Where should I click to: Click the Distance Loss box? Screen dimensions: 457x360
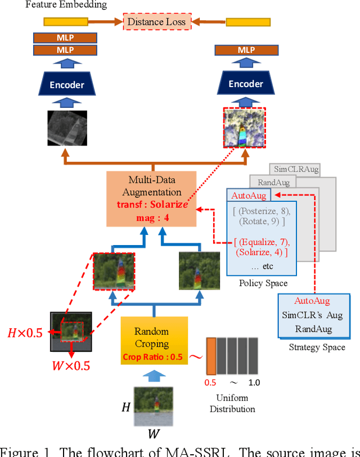point(156,22)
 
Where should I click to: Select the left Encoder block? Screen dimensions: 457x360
point(67,85)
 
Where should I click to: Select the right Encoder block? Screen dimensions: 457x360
point(245,84)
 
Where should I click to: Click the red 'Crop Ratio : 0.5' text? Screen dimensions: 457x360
point(152,356)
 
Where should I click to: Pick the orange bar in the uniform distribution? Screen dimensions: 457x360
point(210,355)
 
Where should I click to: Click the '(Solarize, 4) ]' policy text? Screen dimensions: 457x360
point(261,252)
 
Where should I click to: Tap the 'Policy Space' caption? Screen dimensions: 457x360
point(263,283)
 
